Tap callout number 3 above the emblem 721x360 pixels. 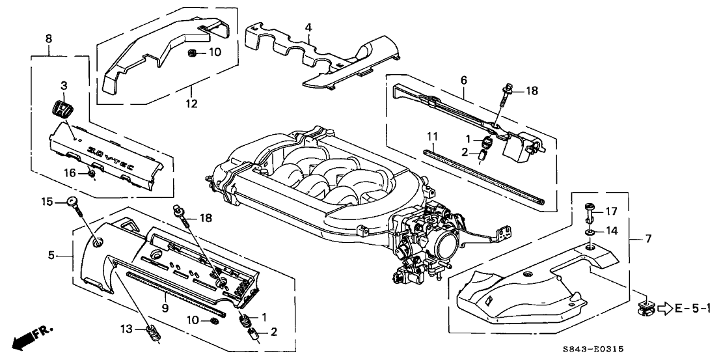[64, 85]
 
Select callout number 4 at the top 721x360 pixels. [308, 27]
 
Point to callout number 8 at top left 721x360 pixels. [49, 39]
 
